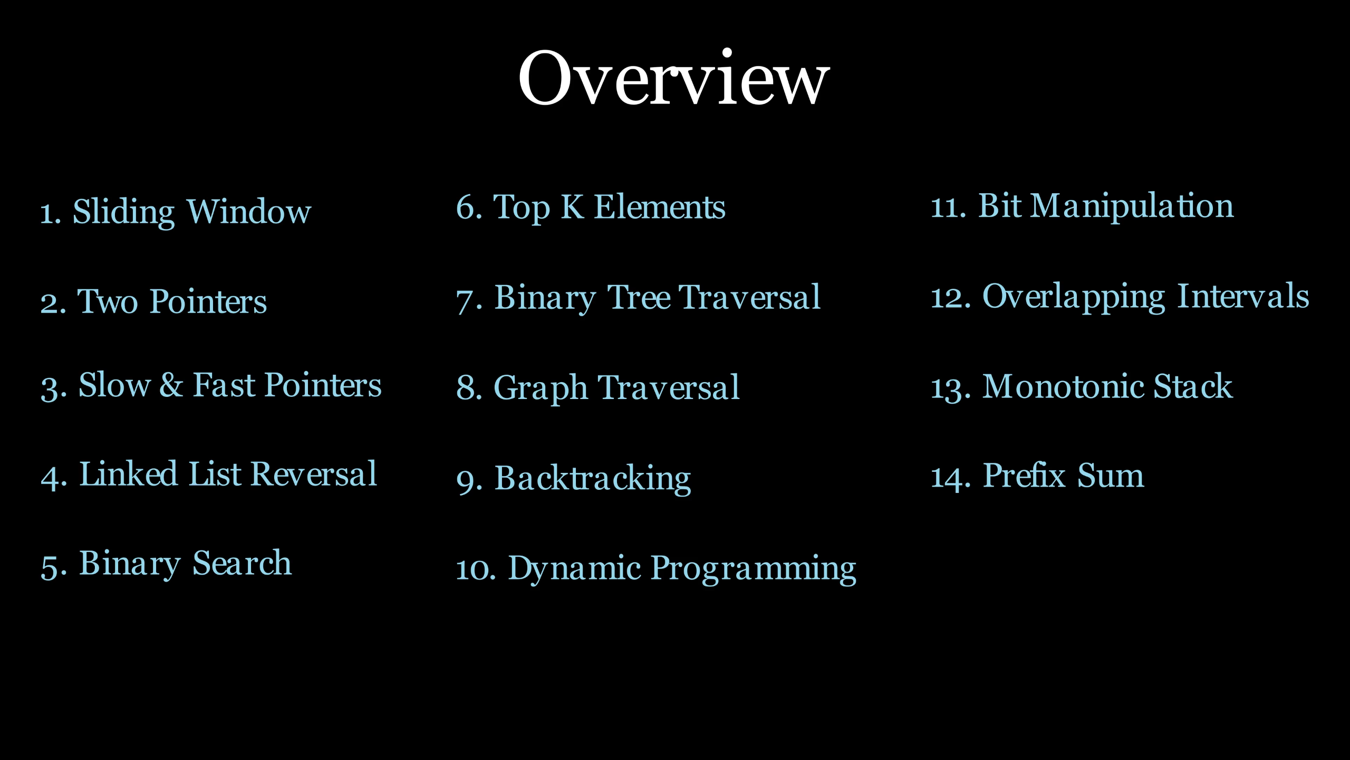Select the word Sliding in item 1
click(123, 212)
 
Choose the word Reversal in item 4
click(314, 474)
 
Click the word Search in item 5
click(242, 563)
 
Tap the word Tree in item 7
click(639, 297)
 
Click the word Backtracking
click(592, 479)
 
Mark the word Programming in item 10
click(754, 569)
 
